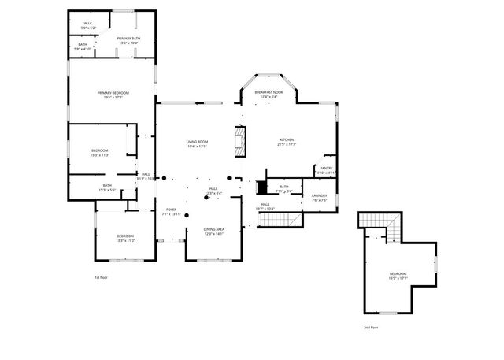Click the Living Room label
point(196,144)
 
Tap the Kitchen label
point(286,143)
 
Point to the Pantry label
point(326,169)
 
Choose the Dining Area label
point(214,232)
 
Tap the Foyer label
point(171,212)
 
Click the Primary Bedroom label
point(113,95)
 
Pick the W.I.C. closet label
point(89,26)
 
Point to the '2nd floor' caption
point(371,327)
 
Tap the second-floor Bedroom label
point(398,276)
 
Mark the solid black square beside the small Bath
point(262,188)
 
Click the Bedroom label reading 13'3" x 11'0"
point(126,238)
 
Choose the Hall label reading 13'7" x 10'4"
point(267,206)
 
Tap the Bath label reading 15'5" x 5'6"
point(107,187)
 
